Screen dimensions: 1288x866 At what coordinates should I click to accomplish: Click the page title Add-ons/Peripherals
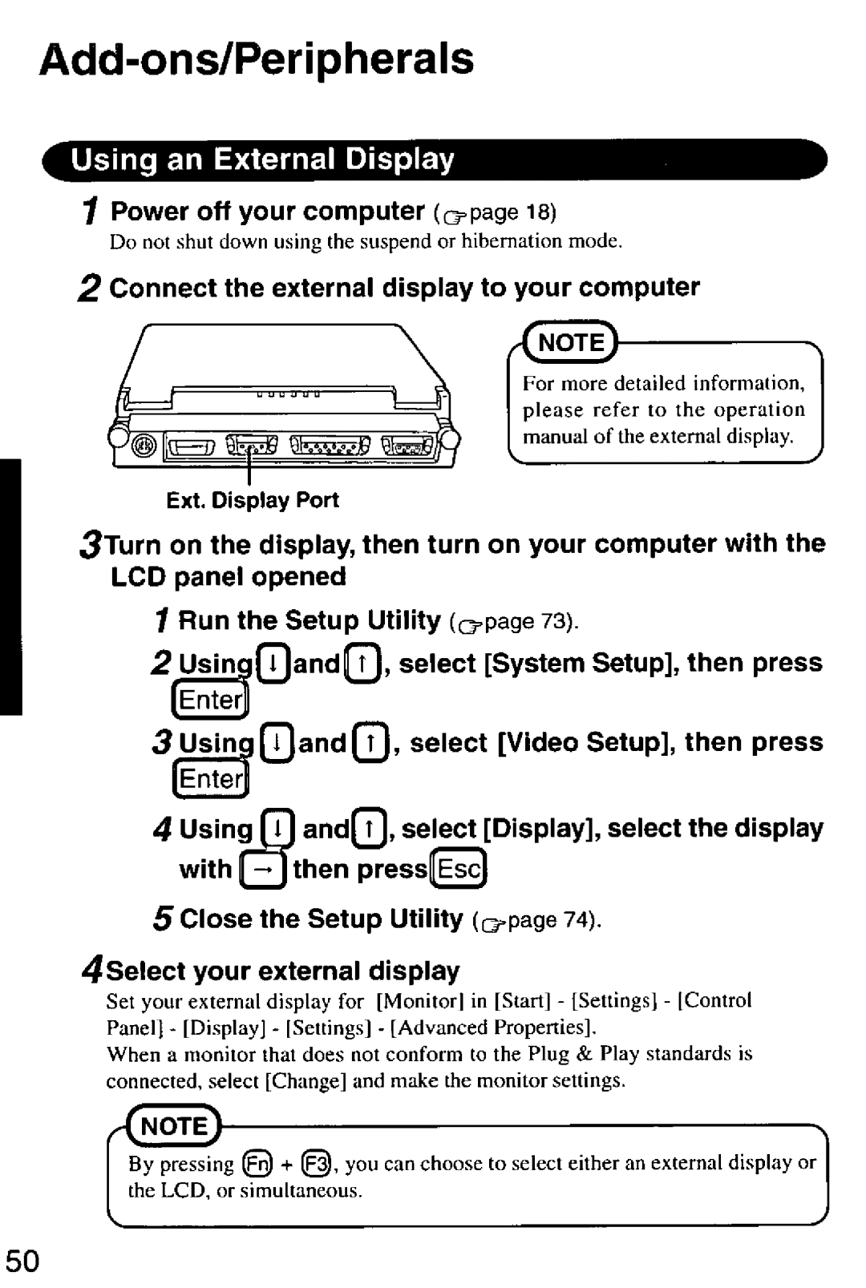(257, 59)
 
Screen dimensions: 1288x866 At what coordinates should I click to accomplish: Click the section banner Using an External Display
(263, 159)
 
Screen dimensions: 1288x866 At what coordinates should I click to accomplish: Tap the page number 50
(22, 1261)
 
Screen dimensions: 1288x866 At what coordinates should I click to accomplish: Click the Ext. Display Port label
(252, 501)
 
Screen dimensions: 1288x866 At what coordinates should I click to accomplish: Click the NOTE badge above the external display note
(571, 342)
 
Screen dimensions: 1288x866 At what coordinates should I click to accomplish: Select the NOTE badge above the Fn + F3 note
(175, 1126)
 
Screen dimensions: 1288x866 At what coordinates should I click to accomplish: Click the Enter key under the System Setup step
(210, 701)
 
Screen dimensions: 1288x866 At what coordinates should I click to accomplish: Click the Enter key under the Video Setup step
(210, 778)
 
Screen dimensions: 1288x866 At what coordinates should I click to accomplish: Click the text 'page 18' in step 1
(510, 212)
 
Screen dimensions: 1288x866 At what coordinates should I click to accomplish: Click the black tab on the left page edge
(10, 585)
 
